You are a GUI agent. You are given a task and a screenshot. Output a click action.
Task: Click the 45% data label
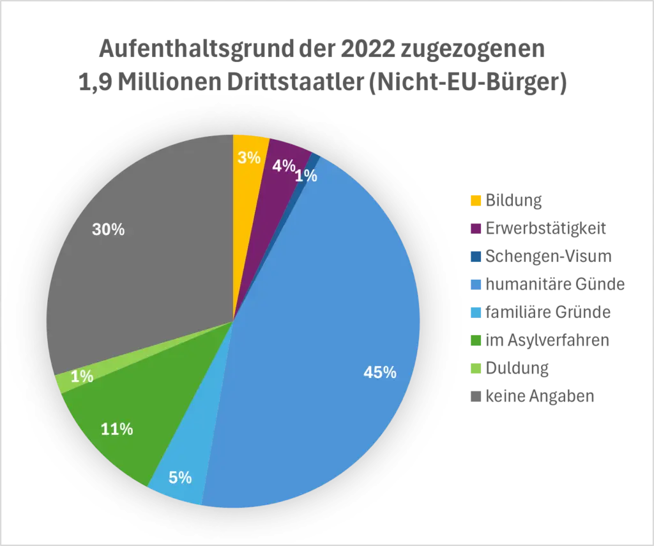point(380,373)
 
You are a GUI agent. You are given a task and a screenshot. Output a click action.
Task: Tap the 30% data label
point(108,230)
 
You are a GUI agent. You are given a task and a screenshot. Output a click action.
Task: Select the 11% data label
point(117,430)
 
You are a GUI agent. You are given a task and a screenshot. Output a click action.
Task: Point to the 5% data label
point(180,478)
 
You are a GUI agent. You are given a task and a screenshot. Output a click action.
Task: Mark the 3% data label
point(249,158)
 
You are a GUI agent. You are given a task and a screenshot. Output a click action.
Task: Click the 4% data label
point(284,166)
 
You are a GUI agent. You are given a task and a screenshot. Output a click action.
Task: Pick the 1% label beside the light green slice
point(82,377)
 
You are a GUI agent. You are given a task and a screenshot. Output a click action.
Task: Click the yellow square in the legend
point(476,201)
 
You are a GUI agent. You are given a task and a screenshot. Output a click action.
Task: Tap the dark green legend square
point(476,340)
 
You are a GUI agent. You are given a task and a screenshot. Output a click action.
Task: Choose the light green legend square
point(476,368)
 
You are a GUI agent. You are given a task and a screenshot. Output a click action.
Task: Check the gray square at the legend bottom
point(476,397)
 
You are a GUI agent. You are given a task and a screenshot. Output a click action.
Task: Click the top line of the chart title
point(323,50)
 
